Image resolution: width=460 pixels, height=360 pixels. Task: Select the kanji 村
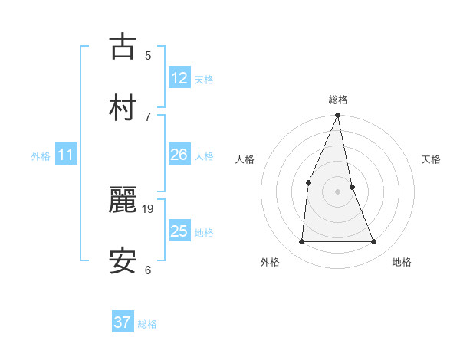pos(123,106)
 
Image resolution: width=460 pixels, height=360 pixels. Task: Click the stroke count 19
pos(149,208)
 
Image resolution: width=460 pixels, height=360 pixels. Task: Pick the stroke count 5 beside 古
pos(148,55)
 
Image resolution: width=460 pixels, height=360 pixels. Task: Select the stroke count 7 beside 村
pos(148,116)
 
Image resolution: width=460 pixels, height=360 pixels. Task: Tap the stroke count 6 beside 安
pos(148,269)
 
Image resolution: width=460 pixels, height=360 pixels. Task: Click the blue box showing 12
pos(179,77)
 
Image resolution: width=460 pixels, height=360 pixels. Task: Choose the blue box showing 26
pos(179,155)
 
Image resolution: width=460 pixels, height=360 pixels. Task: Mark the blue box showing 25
pos(179,231)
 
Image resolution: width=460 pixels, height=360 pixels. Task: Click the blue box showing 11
pos(66,155)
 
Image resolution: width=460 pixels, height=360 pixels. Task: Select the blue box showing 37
pos(123,322)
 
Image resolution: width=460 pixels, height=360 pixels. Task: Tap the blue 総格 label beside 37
pos(147,324)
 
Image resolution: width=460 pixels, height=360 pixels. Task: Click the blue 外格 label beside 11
pos(41,156)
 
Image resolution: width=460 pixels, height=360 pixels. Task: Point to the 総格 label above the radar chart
pos(337,100)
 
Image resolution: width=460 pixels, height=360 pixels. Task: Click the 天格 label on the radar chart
pos(431,159)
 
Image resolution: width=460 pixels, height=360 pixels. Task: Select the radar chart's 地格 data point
pos(374,242)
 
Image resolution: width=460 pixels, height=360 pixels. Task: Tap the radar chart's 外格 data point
pos(301,242)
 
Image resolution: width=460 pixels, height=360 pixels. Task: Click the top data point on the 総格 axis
pos(337,116)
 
